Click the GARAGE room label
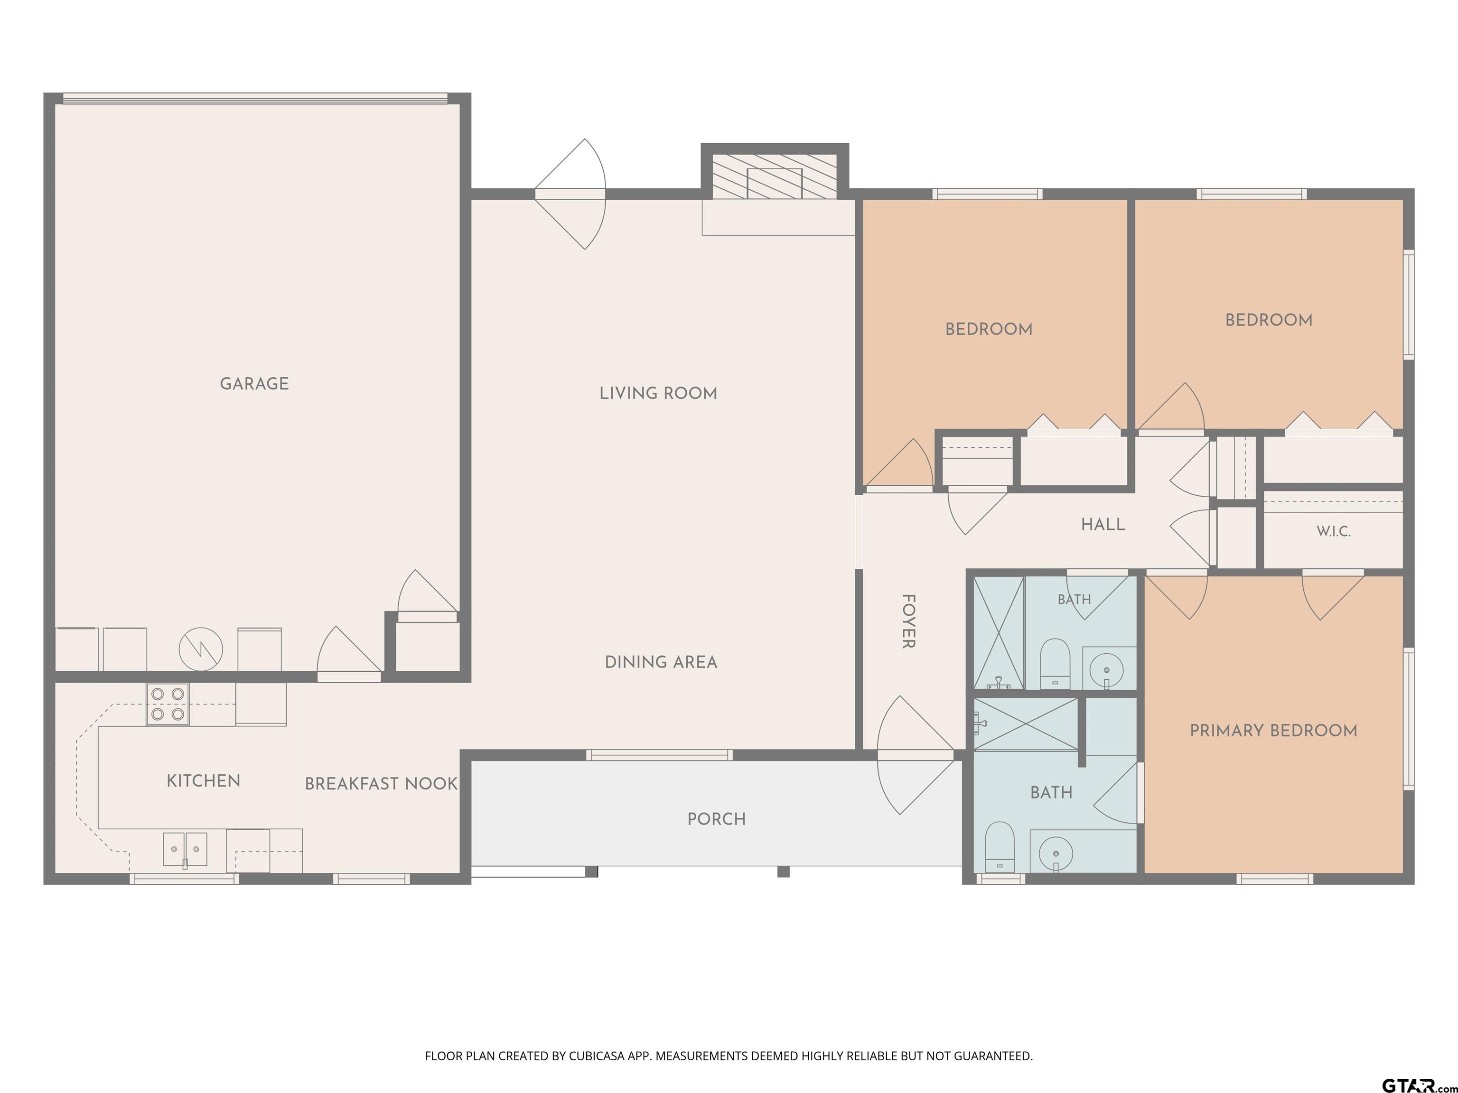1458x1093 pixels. coord(254,383)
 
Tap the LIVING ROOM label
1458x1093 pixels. coord(658,393)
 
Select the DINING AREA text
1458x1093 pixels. coord(661,662)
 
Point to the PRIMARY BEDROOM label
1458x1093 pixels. coord(1273,731)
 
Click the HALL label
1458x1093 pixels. coord(1103,524)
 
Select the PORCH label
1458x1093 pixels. coord(717,819)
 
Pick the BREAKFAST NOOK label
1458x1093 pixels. coord(381,783)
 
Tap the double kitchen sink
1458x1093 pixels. coord(185,849)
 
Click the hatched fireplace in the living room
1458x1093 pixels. coord(775,176)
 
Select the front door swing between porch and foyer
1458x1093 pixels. coord(916,756)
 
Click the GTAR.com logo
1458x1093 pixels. coord(1418,1085)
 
